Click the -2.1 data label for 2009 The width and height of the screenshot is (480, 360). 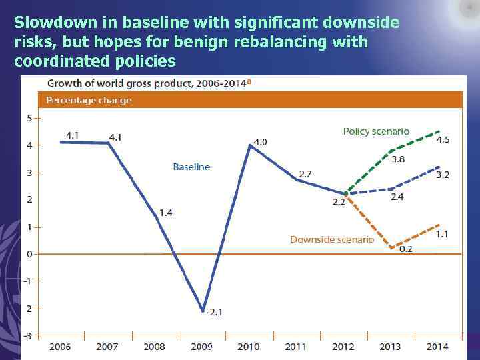coord(215,312)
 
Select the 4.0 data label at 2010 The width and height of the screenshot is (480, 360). coord(260,141)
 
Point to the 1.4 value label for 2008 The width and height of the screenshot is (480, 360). coord(165,213)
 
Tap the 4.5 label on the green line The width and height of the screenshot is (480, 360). coord(443,140)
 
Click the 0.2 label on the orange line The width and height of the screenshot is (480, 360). coord(405,249)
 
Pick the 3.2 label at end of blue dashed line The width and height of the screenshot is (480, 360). coord(443,175)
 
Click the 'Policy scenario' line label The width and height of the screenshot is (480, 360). coord(376,131)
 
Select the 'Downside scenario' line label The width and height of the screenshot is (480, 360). coord(331,239)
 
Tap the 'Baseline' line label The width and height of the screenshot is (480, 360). coord(191,167)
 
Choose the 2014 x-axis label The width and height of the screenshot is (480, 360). coord(437,347)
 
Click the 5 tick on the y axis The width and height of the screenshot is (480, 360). coord(29,118)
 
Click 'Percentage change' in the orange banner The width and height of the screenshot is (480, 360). coord(89,101)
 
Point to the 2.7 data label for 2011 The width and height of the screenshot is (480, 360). coord(305,173)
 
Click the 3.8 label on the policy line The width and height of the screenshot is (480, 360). coord(398,159)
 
